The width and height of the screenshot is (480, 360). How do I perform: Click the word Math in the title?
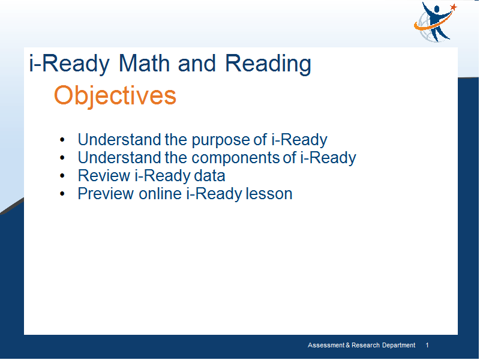click(x=144, y=64)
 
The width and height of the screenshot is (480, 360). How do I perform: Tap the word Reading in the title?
click(x=268, y=65)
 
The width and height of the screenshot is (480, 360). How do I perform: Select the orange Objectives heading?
click(x=115, y=96)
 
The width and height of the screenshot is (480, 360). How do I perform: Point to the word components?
click(x=235, y=158)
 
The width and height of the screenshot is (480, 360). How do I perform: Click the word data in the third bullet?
click(x=209, y=176)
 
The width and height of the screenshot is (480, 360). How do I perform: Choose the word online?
click(x=160, y=194)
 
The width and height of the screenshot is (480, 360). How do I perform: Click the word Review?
click(x=104, y=176)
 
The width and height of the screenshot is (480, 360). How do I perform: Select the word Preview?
click(x=106, y=194)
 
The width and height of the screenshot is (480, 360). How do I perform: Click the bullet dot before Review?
click(x=62, y=176)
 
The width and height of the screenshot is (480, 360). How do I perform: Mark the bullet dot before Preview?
click(x=62, y=194)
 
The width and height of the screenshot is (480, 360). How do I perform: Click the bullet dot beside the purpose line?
click(x=62, y=140)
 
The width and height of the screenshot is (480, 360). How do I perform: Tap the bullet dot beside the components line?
click(x=62, y=158)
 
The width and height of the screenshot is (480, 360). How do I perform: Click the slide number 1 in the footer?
click(x=427, y=346)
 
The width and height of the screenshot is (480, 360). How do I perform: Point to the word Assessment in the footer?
click(x=326, y=346)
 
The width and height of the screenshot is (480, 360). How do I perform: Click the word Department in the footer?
click(x=398, y=346)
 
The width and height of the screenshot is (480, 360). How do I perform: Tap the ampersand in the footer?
click(x=348, y=346)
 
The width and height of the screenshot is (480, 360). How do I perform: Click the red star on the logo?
click(x=454, y=7)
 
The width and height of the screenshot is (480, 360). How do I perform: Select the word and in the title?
click(x=197, y=64)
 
